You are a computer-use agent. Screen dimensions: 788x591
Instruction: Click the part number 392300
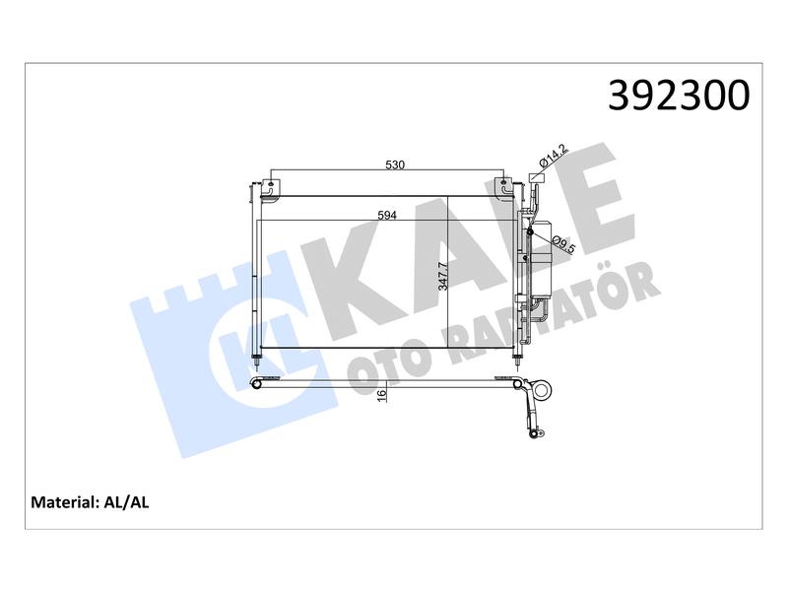click(x=679, y=95)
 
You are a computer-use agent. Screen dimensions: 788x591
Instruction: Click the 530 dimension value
click(x=395, y=164)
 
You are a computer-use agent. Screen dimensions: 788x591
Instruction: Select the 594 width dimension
click(x=387, y=215)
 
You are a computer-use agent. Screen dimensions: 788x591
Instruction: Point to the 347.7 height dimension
click(x=442, y=277)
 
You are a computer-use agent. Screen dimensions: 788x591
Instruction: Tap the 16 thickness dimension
click(x=382, y=395)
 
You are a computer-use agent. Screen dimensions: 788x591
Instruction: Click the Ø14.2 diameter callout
click(x=553, y=156)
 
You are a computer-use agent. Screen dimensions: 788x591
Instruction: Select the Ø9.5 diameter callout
click(x=562, y=245)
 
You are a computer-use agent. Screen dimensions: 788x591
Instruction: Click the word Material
click(x=63, y=502)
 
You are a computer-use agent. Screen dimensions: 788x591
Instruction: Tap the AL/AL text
click(x=126, y=502)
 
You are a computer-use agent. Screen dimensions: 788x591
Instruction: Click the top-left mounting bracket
click(x=270, y=189)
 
